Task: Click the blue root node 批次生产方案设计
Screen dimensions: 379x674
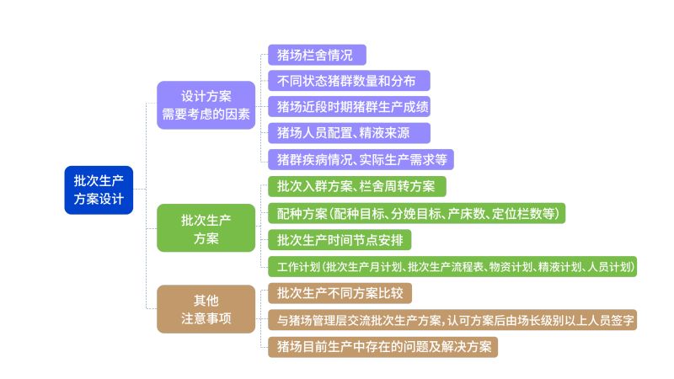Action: (x=99, y=189)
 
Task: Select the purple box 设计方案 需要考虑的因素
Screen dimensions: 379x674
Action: (x=206, y=105)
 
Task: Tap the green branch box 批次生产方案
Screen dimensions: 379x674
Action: (x=206, y=228)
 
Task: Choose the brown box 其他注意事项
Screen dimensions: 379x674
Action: (x=206, y=308)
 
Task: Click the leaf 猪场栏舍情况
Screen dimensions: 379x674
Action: (x=316, y=56)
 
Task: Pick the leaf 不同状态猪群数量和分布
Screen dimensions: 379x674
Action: (x=349, y=81)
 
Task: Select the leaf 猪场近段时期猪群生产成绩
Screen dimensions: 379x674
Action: (x=355, y=107)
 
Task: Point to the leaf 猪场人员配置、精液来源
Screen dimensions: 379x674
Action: (x=349, y=133)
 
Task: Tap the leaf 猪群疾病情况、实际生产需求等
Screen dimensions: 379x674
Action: (x=361, y=159)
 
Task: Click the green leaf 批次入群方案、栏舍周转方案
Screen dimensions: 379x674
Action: (x=356, y=186)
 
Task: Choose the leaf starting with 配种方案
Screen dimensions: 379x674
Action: (x=415, y=213)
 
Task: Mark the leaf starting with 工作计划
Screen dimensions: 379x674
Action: (x=452, y=267)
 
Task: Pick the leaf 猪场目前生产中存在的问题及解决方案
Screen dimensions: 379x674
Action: (x=382, y=346)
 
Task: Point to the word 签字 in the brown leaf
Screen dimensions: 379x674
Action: (x=622, y=320)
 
